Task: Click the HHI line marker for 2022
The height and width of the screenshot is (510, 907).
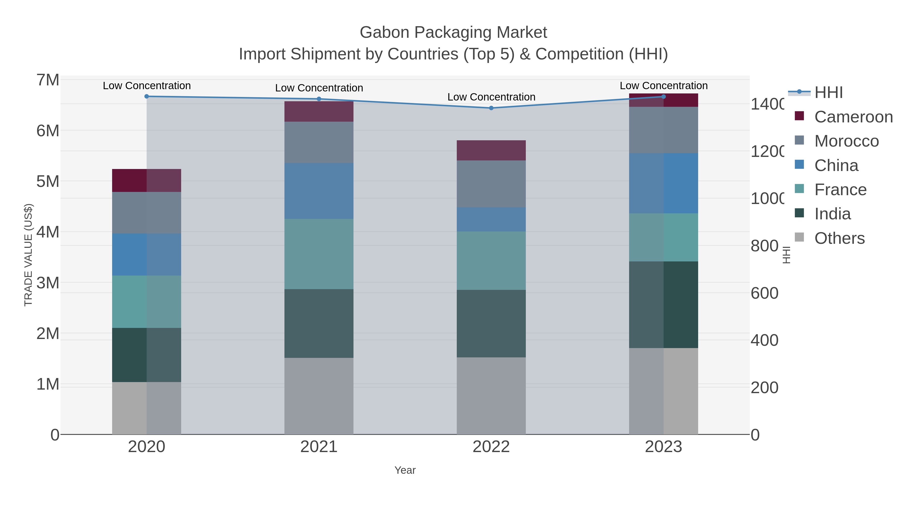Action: tap(491, 108)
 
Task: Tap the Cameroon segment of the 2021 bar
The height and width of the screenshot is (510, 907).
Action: tap(319, 112)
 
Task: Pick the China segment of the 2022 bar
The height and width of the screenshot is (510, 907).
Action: tap(491, 219)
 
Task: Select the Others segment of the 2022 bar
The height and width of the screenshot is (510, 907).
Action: tap(491, 396)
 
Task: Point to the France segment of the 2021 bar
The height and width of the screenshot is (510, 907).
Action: tap(319, 254)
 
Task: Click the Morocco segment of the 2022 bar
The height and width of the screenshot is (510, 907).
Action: tap(491, 184)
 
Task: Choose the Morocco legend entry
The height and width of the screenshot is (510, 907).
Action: tap(846, 141)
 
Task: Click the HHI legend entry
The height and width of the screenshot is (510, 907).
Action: tap(828, 93)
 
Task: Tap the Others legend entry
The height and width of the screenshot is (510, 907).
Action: tap(839, 238)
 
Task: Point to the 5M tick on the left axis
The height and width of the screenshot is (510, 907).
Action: tap(48, 182)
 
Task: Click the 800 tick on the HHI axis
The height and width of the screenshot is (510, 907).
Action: tap(764, 246)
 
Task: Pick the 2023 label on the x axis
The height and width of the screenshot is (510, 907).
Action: tap(663, 447)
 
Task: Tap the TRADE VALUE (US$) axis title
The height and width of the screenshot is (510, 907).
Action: tap(28, 255)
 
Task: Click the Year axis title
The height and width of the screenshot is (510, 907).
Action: tap(405, 470)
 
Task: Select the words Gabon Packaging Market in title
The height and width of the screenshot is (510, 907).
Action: tap(453, 32)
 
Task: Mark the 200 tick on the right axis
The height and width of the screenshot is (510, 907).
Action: tap(764, 388)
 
